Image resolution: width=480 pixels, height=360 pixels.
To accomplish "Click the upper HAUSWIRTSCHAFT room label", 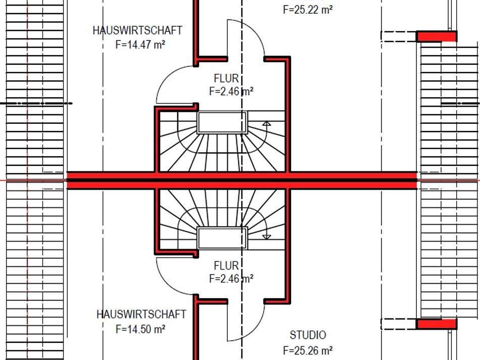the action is pos(137,30).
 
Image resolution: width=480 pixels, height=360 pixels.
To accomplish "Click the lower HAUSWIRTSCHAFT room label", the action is pos(141,314).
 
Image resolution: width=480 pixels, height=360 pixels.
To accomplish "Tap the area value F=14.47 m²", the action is pos(140,44).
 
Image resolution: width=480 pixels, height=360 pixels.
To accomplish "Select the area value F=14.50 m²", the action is pos(141,329).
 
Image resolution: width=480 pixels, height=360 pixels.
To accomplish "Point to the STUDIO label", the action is pos(308,335).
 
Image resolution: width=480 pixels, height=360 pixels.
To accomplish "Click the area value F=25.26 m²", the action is pos(308,350).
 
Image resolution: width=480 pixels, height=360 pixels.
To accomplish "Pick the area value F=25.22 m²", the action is pos(308,9).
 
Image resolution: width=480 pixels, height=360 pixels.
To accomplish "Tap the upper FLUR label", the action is pos(226,78).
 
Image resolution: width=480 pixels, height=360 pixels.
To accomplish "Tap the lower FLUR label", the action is pos(226,265).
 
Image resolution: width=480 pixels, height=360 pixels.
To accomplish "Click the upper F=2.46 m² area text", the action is pos(231,92).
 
